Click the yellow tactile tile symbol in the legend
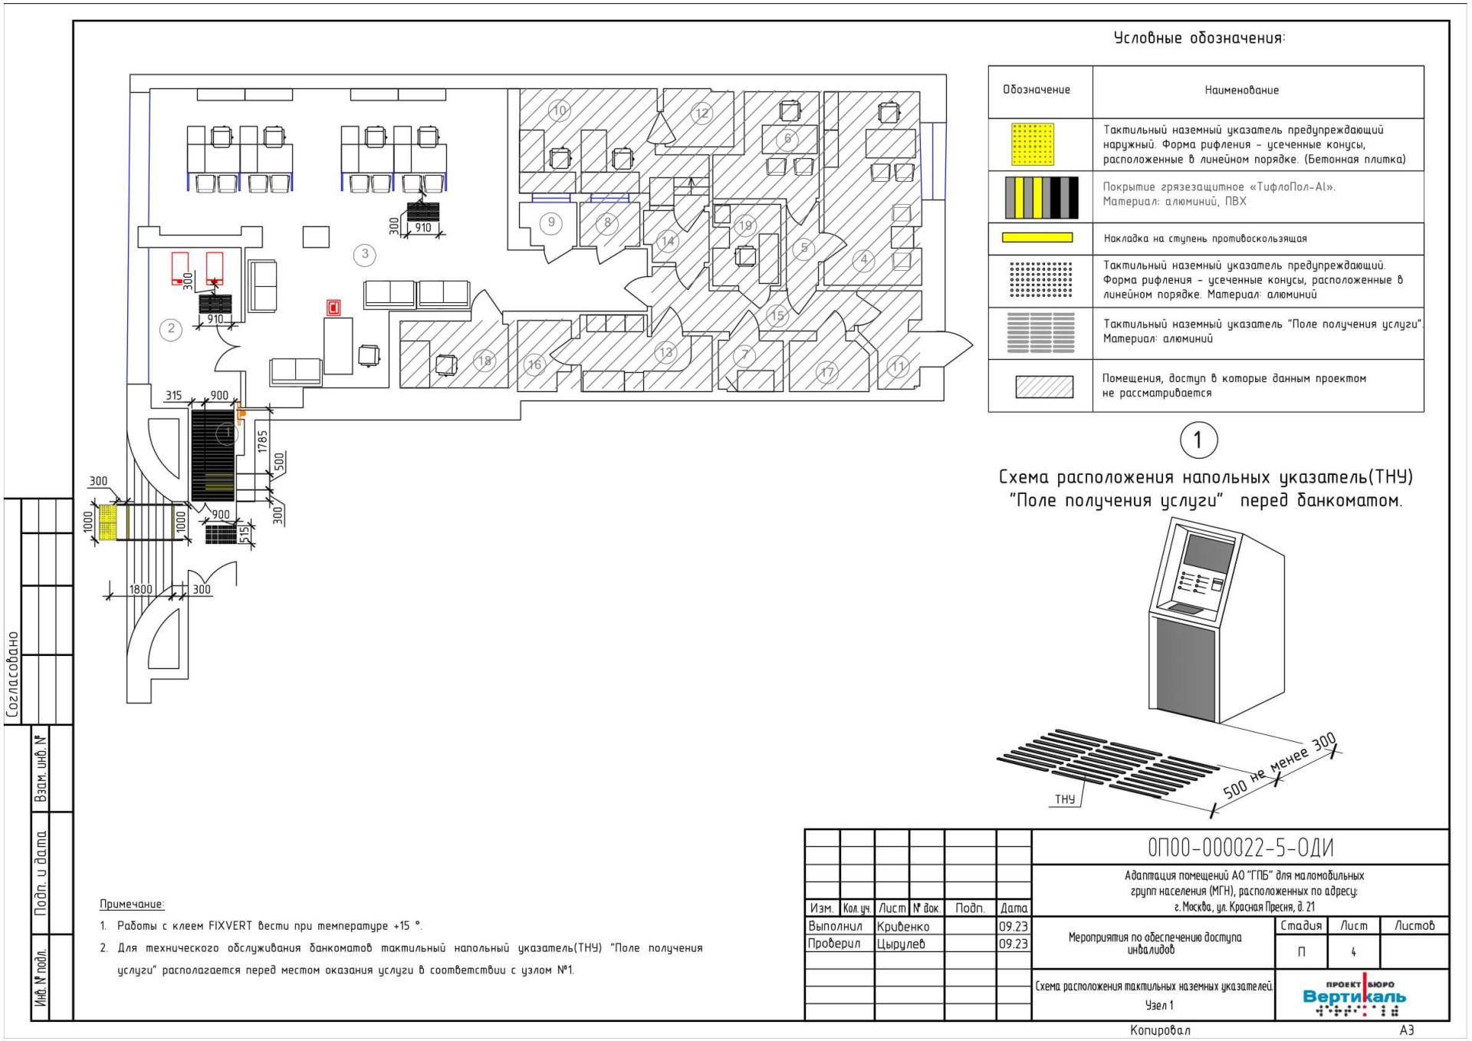pos(1033,144)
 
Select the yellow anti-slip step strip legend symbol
pos(1037,238)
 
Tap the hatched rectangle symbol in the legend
pos(1043,386)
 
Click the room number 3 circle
pos(365,254)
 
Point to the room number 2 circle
pos(171,329)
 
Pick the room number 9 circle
pos(551,223)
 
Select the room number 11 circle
pos(898,367)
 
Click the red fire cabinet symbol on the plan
pos(333,308)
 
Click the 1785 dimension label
pos(263,442)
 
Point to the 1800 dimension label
pos(140,589)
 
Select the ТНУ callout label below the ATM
pos(1065,799)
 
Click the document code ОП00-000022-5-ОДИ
pos(1240,848)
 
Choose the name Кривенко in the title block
pos(903,927)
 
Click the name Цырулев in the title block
pos(901,944)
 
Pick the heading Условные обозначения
pos(1199,38)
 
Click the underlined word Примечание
pos(132,904)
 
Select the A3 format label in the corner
pos(1406,1030)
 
